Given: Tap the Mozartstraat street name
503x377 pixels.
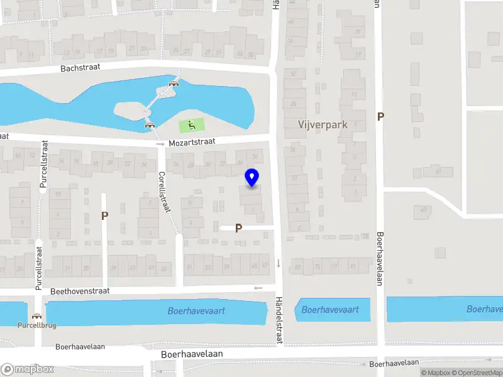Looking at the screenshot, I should point(192,143).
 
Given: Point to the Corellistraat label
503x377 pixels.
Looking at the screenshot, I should point(165,192).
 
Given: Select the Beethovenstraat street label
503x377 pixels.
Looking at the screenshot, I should point(80,291).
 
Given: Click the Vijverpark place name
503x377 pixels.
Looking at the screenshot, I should point(323,124).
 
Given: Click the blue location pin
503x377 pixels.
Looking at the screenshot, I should point(251,178).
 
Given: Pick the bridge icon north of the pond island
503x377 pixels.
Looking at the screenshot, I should point(174,82).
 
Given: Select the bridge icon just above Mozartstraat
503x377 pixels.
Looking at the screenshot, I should point(150,124).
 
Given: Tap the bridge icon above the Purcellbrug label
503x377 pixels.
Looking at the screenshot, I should point(37,316).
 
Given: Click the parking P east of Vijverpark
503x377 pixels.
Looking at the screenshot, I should point(380,116).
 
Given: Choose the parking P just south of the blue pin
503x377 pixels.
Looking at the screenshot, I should point(238,228).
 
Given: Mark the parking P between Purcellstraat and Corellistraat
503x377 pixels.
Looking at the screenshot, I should point(104,216).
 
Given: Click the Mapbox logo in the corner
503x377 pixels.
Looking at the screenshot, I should point(27,369).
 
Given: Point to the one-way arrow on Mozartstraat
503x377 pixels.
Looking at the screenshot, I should point(160,144).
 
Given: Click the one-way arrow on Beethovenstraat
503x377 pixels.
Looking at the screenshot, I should point(258,288).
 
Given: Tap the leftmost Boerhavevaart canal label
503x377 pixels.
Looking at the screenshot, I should point(196,310).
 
